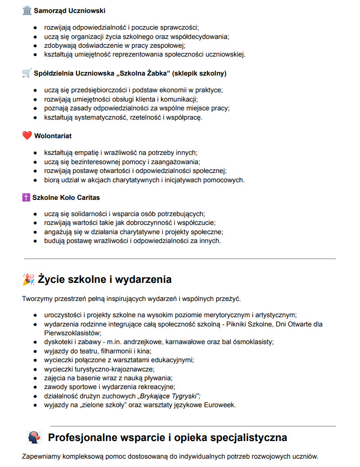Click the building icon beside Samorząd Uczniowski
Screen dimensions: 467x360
tap(27, 11)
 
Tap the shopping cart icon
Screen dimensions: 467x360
tap(27, 73)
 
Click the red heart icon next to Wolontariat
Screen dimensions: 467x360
tap(27, 136)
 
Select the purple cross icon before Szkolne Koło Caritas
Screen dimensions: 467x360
tap(26, 198)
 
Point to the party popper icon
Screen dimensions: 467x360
tap(28, 280)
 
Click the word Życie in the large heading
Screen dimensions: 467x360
tap(52, 280)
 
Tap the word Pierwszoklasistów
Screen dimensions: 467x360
tap(72, 333)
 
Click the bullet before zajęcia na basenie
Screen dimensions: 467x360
tap(35, 378)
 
